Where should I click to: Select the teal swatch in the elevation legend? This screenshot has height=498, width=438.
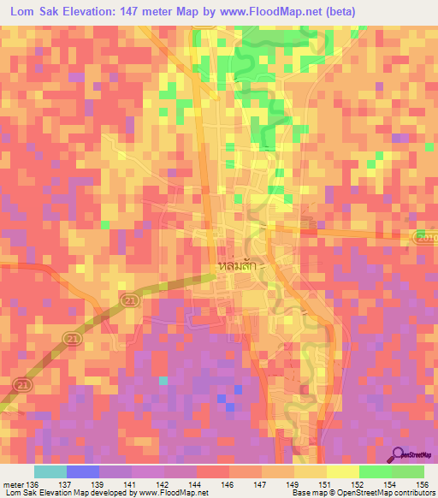pos(50,471)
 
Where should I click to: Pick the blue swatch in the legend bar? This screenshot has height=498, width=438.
pos(83,471)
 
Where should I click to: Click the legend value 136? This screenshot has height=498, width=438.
pos(33,483)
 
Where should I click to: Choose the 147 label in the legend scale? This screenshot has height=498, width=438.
pos(263,483)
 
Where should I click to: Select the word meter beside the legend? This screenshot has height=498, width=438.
pos(14,483)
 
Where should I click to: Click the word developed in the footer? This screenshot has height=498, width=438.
pos(113,493)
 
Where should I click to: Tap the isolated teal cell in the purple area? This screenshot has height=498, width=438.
pos(163,380)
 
